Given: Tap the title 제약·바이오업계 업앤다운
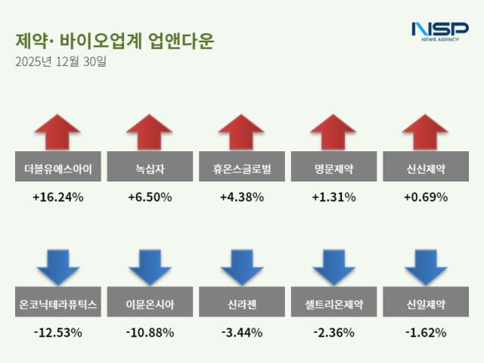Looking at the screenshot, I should pos(113,41).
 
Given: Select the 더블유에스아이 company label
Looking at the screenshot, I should pos(57,169).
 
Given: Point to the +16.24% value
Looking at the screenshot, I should pos(57,197).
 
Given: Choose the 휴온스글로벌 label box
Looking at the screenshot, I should pos(242,169).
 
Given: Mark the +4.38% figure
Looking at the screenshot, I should pos(242,197).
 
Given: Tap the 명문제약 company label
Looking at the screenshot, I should pos(334,169).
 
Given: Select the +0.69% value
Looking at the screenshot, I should pos(426,197).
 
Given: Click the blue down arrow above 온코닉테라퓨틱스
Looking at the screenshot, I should pos(57,266).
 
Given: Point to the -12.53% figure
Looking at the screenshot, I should pos(57,332).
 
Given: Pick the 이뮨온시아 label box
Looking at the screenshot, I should pos(150,304).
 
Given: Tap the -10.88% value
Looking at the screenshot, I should pos(150,332).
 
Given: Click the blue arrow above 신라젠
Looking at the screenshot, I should pos(242,266).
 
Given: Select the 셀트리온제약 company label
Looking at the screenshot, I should pos(334,304).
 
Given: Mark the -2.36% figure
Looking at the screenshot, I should pos(334,332).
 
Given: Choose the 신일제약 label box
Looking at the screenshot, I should pos(426,304).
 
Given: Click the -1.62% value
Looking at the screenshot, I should pos(426,332).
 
